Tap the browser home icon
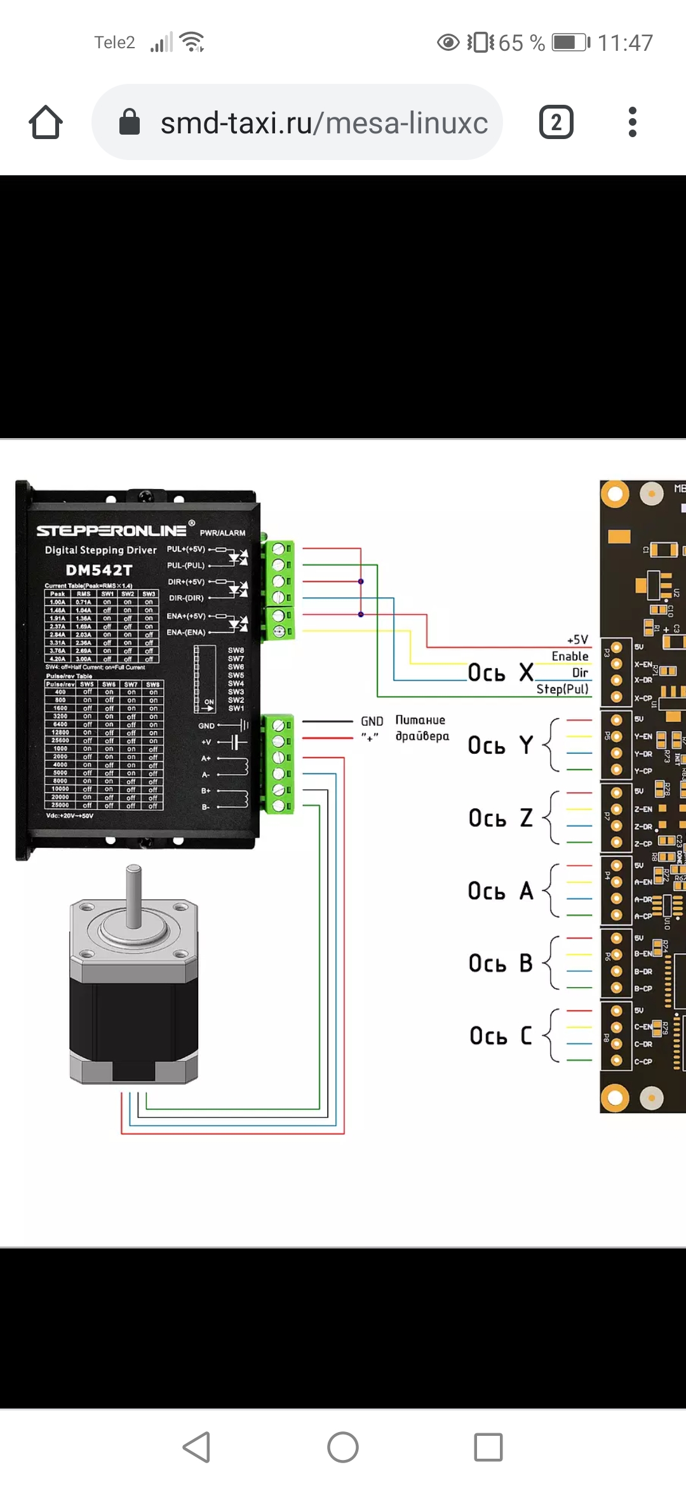point(46,122)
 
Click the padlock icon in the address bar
point(130,122)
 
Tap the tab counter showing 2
point(556,122)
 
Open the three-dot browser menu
point(632,122)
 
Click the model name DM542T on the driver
point(99,570)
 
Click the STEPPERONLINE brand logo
point(112,530)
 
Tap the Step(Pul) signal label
point(562,689)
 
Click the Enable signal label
point(570,656)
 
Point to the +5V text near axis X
point(577,639)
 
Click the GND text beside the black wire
point(372,721)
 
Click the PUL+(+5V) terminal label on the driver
point(185,549)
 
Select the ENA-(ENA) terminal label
point(185,633)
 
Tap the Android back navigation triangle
point(197,1447)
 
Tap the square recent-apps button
point(488,1447)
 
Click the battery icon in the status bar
point(570,43)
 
